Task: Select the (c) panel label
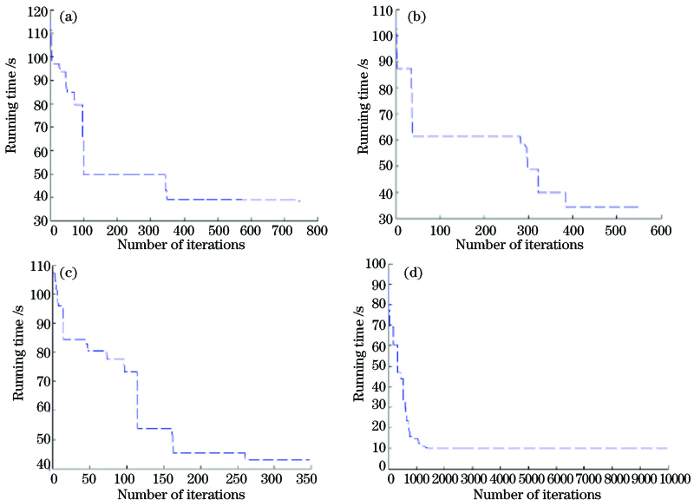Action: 69,273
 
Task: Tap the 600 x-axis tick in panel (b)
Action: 660,232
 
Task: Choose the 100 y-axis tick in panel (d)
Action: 377,263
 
